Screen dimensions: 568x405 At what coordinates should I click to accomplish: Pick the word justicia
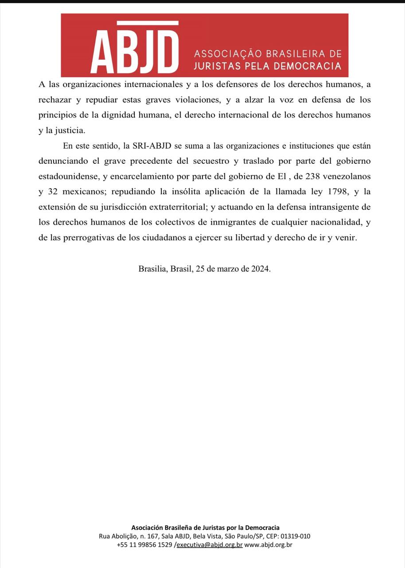point(68,130)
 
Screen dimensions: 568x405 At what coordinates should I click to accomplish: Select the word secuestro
point(209,161)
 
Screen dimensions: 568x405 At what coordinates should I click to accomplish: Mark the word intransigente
point(327,207)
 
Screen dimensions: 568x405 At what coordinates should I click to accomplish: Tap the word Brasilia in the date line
point(152,269)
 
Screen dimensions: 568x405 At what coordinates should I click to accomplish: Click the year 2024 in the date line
point(259,269)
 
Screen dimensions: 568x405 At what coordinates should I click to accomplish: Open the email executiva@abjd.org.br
point(210,544)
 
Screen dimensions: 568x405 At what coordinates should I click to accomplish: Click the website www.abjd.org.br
point(268,544)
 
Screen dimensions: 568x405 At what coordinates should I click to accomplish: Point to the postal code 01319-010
point(296,536)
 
